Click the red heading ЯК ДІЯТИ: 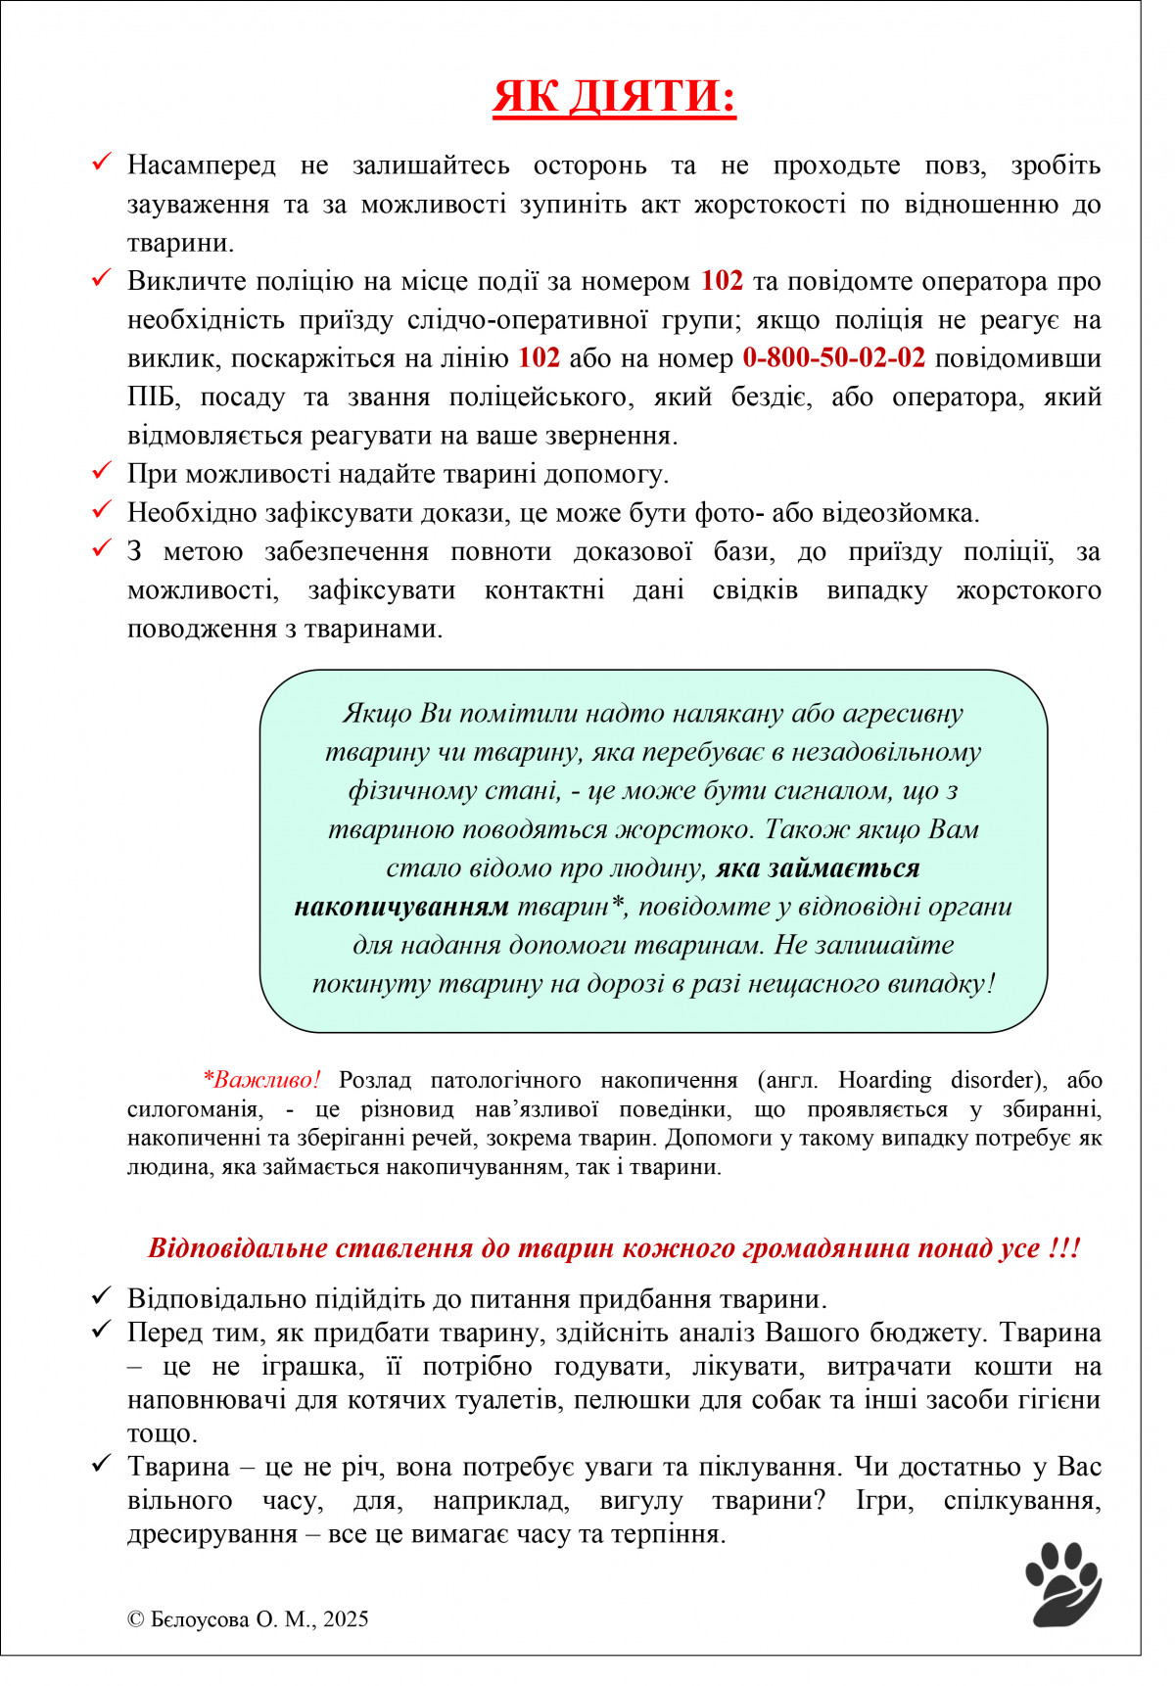[x=614, y=97]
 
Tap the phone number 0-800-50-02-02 [x=833, y=358]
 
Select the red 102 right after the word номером [x=722, y=281]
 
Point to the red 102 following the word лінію [x=539, y=358]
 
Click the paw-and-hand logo [x=1063, y=1584]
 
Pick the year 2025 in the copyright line [x=346, y=1619]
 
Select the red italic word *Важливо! [x=261, y=1080]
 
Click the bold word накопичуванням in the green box [x=401, y=907]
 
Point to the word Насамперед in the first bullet [x=202, y=165]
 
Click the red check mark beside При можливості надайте [x=102, y=471]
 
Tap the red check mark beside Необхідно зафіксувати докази [x=102, y=510]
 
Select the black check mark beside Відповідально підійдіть [x=102, y=1296]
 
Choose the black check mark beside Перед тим [x=102, y=1330]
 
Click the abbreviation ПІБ [x=152, y=398]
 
